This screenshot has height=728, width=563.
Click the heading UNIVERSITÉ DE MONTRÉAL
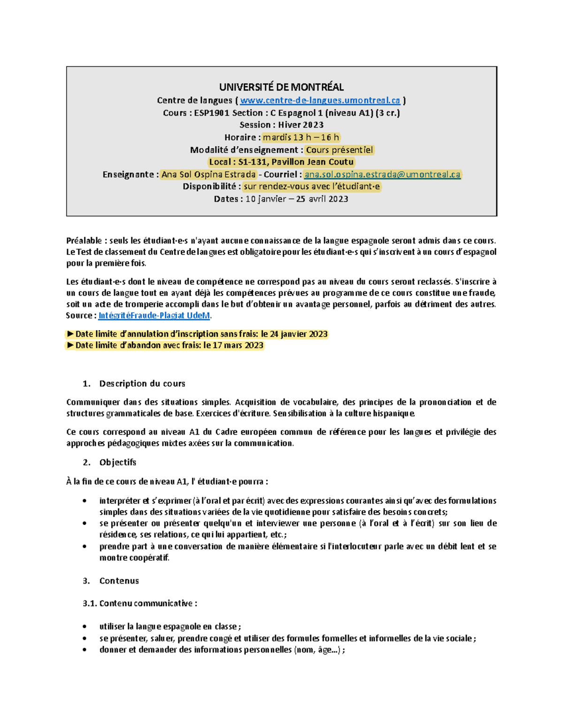281,87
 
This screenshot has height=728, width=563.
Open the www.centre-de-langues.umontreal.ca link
320,100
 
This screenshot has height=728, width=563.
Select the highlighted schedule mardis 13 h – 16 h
301,137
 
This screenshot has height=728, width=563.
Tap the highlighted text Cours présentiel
339,150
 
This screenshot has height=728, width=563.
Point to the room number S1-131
252,162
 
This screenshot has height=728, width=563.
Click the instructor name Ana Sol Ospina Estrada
208,174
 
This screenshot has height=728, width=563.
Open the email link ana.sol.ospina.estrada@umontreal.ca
382,174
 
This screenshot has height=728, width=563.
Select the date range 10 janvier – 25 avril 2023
297,199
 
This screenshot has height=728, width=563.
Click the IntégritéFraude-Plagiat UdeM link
154,315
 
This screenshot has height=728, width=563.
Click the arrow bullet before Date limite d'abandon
70,345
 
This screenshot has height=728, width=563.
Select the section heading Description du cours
142,383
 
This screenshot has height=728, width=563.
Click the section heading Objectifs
118,462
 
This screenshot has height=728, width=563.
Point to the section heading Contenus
119,581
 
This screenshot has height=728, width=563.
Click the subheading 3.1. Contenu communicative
140,603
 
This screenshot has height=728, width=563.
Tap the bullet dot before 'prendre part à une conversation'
84,547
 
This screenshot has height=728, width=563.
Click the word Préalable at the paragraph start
84,241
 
